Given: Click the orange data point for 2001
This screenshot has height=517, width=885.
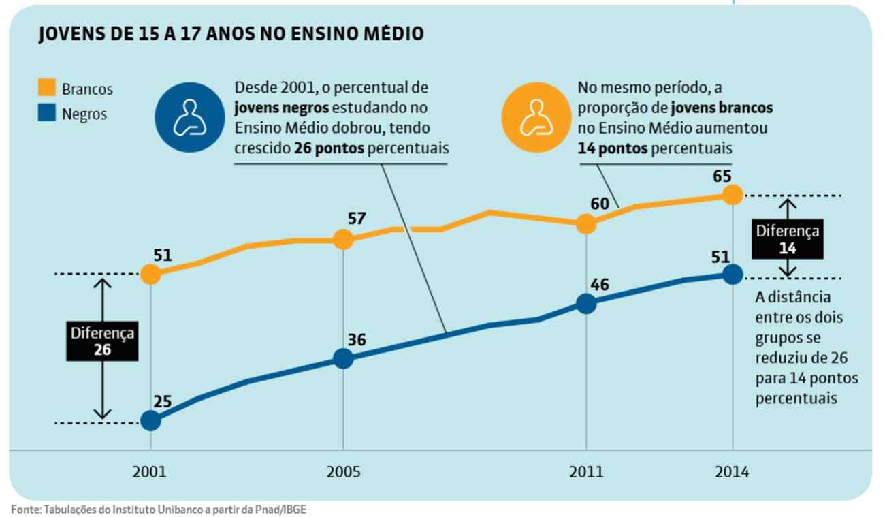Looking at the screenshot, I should click(x=150, y=275).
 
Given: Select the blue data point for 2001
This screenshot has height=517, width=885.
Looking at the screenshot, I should click(x=150, y=421).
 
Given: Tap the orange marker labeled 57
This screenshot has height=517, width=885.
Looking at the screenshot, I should click(x=343, y=239).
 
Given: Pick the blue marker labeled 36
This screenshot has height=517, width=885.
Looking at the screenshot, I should click(x=343, y=358).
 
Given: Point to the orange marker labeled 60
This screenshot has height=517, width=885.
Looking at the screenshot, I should click(x=585, y=223).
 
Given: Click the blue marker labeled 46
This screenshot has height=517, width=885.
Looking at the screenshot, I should click(x=585, y=304).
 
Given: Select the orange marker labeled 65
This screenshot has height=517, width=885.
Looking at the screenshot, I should click(x=732, y=195).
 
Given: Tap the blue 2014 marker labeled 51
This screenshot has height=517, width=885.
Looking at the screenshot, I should click(x=732, y=275).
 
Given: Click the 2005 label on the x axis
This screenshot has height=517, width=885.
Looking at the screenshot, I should click(x=343, y=472).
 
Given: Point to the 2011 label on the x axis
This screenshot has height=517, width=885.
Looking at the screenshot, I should click(x=585, y=472).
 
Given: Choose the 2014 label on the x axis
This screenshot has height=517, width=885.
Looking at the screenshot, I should click(x=732, y=472).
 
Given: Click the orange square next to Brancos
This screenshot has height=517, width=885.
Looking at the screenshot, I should click(x=46, y=88).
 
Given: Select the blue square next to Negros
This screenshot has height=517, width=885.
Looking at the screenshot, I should click(x=46, y=114).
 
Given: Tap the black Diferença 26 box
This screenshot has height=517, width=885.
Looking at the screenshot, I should click(x=103, y=341).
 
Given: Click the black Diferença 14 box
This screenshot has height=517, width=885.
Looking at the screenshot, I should click(x=788, y=239).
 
